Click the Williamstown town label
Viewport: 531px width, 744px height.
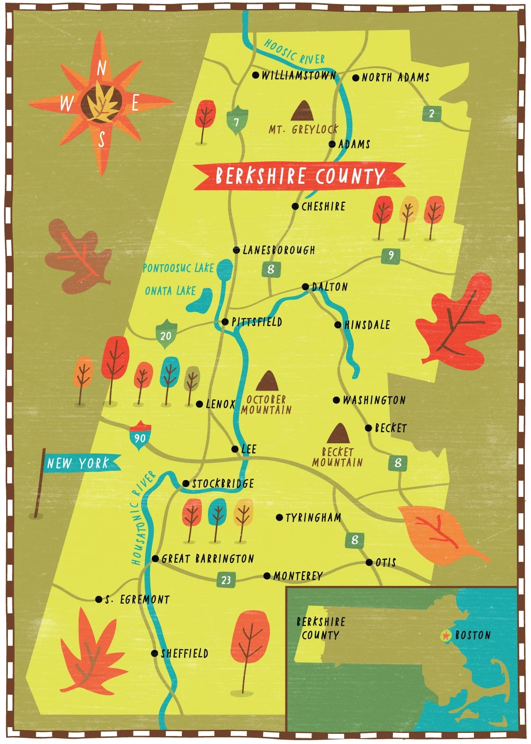pos(299,75)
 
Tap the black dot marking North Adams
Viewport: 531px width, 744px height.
pos(356,78)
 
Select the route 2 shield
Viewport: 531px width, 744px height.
pos(431,114)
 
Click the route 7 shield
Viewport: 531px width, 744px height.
pos(237,121)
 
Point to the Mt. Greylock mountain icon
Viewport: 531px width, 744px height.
pos(302,111)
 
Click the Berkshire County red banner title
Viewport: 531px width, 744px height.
pos(300,176)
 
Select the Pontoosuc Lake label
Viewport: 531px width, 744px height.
pos(178,268)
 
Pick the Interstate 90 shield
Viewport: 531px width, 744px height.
pos(140,436)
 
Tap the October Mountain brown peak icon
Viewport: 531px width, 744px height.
pos(267,381)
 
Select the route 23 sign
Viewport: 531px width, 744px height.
pos(226,580)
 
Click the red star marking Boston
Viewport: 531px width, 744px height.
pos(446,636)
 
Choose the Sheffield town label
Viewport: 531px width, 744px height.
pos(185,653)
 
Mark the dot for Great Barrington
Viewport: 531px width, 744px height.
pos(155,558)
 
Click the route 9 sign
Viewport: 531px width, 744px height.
pos(391,256)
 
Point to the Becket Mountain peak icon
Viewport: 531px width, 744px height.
pos(339,433)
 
